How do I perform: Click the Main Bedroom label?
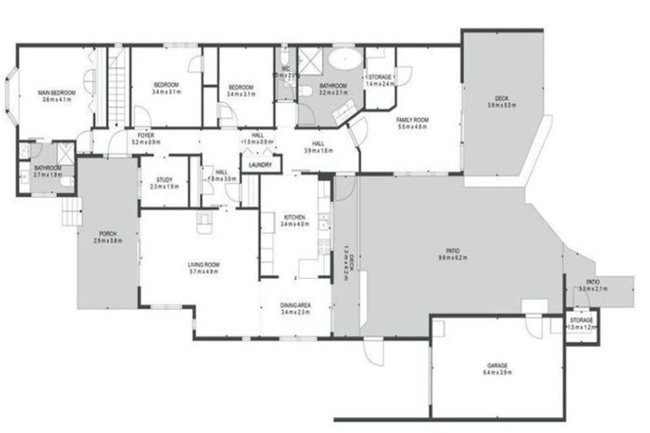tap(57, 92)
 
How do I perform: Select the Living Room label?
tap(204, 265)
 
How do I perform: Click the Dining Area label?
tap(295, 304)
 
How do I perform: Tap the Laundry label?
tap(261, 165)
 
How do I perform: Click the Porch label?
tap(107, 233)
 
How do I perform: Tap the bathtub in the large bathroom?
tap(344, 59)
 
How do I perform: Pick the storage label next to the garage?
tap(581, 321)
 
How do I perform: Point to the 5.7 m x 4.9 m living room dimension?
tap(204, 272)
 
